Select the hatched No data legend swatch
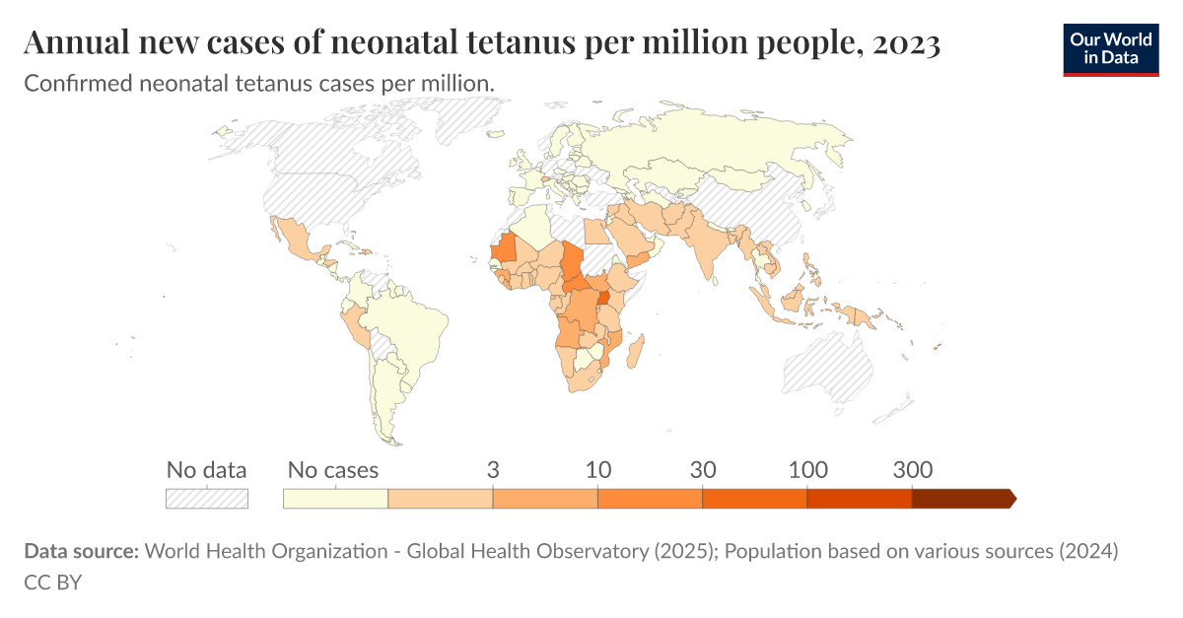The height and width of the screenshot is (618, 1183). [206, 499]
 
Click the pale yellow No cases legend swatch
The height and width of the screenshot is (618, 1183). [335, 499]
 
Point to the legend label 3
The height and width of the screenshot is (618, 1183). [493, 470]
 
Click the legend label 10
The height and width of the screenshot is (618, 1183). [597, 470]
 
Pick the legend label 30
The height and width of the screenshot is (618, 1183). [702, 470]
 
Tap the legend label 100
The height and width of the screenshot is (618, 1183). [807, 470]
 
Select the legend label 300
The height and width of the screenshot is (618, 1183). [912, 470]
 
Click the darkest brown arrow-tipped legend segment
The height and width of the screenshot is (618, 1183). [961, 499]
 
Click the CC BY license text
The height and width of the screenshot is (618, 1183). [52, 582]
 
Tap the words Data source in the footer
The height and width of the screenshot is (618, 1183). [81, 551]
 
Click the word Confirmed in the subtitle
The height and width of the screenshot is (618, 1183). [69, 84]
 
